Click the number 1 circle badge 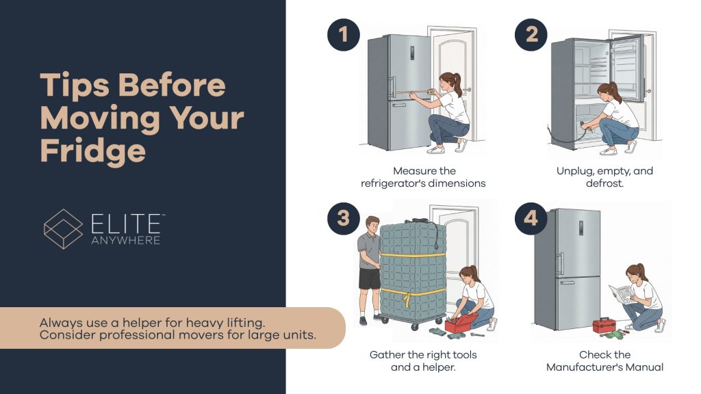coord(344,34)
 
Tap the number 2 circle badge coord(531,34)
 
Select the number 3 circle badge coord(344,218)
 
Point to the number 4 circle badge coord(531,218)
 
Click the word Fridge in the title coord(93,151)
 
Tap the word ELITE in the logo coord(126,224)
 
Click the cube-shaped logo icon coord(63,228)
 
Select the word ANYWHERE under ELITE coord(126,240)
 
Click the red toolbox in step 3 coord(461,323)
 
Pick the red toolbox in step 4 coord(604,325)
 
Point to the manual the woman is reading coord(622,294)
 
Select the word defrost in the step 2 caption coord(604,183)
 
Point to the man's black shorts coord(369,279)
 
